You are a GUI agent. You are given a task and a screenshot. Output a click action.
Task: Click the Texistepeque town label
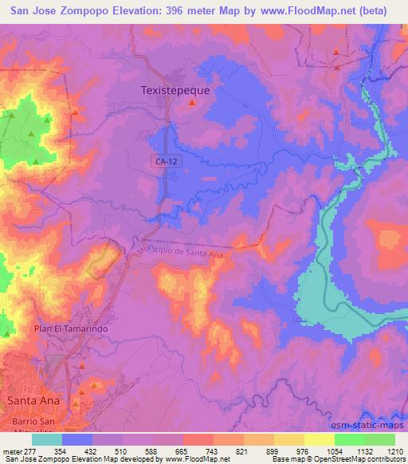click(175, 91)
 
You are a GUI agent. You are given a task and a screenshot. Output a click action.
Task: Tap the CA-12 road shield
click(163, 161)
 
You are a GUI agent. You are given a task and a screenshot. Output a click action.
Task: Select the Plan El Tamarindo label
click(70, 328)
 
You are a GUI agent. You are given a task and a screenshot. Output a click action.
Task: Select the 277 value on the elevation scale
click(31, 451)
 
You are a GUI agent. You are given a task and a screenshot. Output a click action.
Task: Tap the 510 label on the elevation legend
click(122, 451)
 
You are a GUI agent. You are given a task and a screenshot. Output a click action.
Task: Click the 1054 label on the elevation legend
click(334, 451)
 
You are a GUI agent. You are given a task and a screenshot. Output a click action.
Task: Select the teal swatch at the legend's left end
click(47, 439)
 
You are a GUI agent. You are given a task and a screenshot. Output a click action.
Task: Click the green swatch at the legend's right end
click(380, 439)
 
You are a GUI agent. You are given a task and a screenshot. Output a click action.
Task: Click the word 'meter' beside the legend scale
click(11, 451)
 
